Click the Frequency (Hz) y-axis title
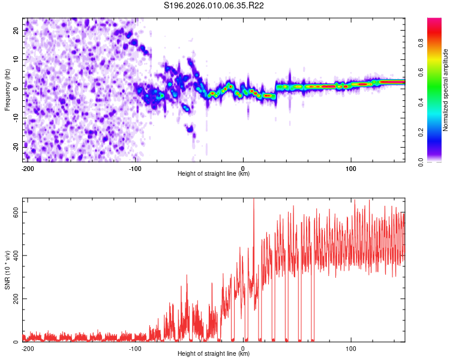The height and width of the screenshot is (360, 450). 7,90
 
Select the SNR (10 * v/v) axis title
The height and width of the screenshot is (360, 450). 7,270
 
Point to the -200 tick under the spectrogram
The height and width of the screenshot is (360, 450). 27,168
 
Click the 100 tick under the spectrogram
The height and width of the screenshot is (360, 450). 350,168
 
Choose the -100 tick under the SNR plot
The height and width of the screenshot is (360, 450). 135,348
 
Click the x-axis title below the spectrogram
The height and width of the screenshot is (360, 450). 214,174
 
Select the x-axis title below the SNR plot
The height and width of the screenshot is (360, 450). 214,354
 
